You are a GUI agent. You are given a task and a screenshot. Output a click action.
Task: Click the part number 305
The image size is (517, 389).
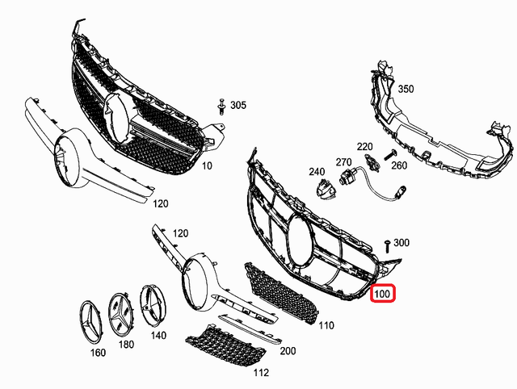[238, 106]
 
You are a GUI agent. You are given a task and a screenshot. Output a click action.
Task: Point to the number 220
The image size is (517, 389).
[365, 146]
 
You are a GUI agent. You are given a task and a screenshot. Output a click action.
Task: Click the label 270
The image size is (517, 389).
[343, 161]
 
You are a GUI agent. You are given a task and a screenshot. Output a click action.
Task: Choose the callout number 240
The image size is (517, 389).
[316, 172]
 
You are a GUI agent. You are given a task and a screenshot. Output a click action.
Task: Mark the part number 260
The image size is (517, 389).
[399, 165]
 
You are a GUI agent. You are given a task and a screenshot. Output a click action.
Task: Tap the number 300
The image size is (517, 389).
[401, 242]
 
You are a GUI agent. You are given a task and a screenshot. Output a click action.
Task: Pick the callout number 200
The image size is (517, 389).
[288, 351]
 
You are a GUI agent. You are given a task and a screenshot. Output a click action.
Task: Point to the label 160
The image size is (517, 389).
[97, 353]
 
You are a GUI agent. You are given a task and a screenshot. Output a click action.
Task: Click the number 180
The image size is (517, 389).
[126, 345]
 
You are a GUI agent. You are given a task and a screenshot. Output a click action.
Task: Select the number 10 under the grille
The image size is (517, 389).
[207, 165]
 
